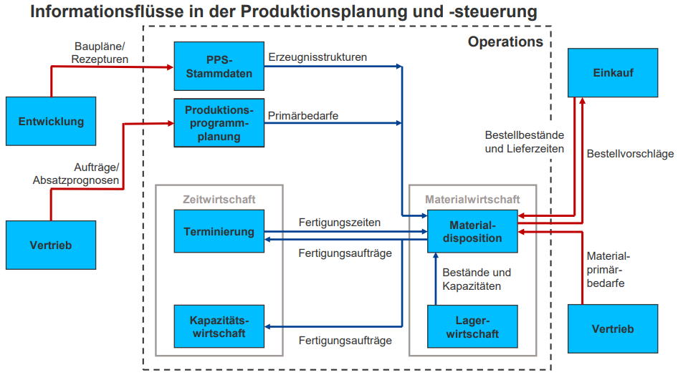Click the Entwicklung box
tap(51, 121)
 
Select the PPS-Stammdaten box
tap(219, 66)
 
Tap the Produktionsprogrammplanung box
tap(219, 123)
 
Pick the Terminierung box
tap(219, 231)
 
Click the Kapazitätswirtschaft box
tap(219, 327)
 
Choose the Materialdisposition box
tap(472, 231)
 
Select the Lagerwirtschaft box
tap(472, 327)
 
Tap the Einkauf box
tap(613, 73)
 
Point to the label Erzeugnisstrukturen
tap(317, 57)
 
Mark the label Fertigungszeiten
tap(340, 223)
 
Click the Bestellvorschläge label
tap(630, 153)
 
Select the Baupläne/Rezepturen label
tap(100, 53)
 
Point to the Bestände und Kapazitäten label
tap(477, 279)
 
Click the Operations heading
tap(505, 42)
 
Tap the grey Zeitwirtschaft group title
tap(219, 199)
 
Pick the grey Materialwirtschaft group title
tap(472, 199)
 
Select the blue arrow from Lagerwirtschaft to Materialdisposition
tap(435, 281)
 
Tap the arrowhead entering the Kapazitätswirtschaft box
tap(269, 327)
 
